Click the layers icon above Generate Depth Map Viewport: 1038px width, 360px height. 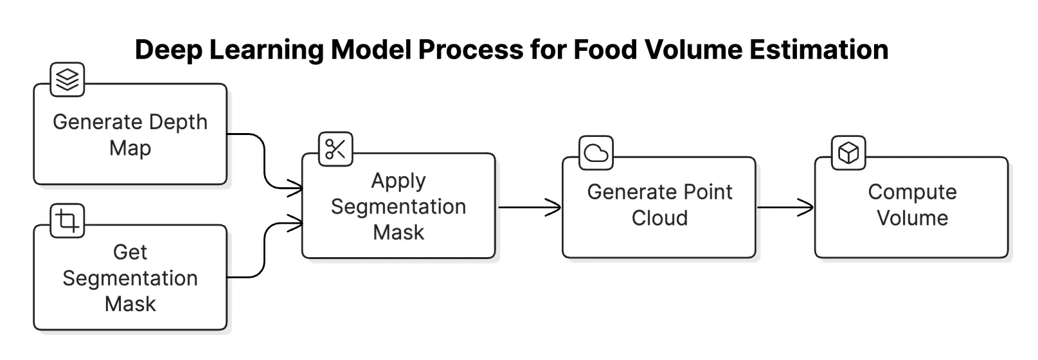(x=67, y=80)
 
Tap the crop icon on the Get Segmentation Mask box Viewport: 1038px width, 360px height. (x=67, y=221)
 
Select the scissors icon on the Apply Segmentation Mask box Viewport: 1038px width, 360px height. (x=336, y=149)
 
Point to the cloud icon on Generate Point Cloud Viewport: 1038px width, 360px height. (x=596, y=153)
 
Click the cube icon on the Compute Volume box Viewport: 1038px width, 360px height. (x=848, y=153)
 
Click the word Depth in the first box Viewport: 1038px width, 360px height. (x=178, y=123)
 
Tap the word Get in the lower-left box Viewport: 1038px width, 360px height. (x=130, y=252)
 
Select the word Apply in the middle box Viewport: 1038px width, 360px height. (x=398, y=181)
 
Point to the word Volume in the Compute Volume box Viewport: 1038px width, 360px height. (x=913, y=218)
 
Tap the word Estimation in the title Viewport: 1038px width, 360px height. (x=819, y=50)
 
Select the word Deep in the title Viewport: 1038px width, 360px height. (x=168, y=51)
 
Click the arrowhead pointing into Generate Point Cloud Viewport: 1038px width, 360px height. (x=553, y=208)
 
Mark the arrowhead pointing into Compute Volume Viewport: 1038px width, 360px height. (x=805, y=208)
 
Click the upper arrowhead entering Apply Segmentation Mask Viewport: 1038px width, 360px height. (x=295, y=188)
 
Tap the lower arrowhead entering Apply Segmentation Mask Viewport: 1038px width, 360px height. (x=295, y=223)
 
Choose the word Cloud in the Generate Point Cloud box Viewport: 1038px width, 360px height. (x=660, y=218)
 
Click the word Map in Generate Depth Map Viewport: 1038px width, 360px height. (x=130, y=149)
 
